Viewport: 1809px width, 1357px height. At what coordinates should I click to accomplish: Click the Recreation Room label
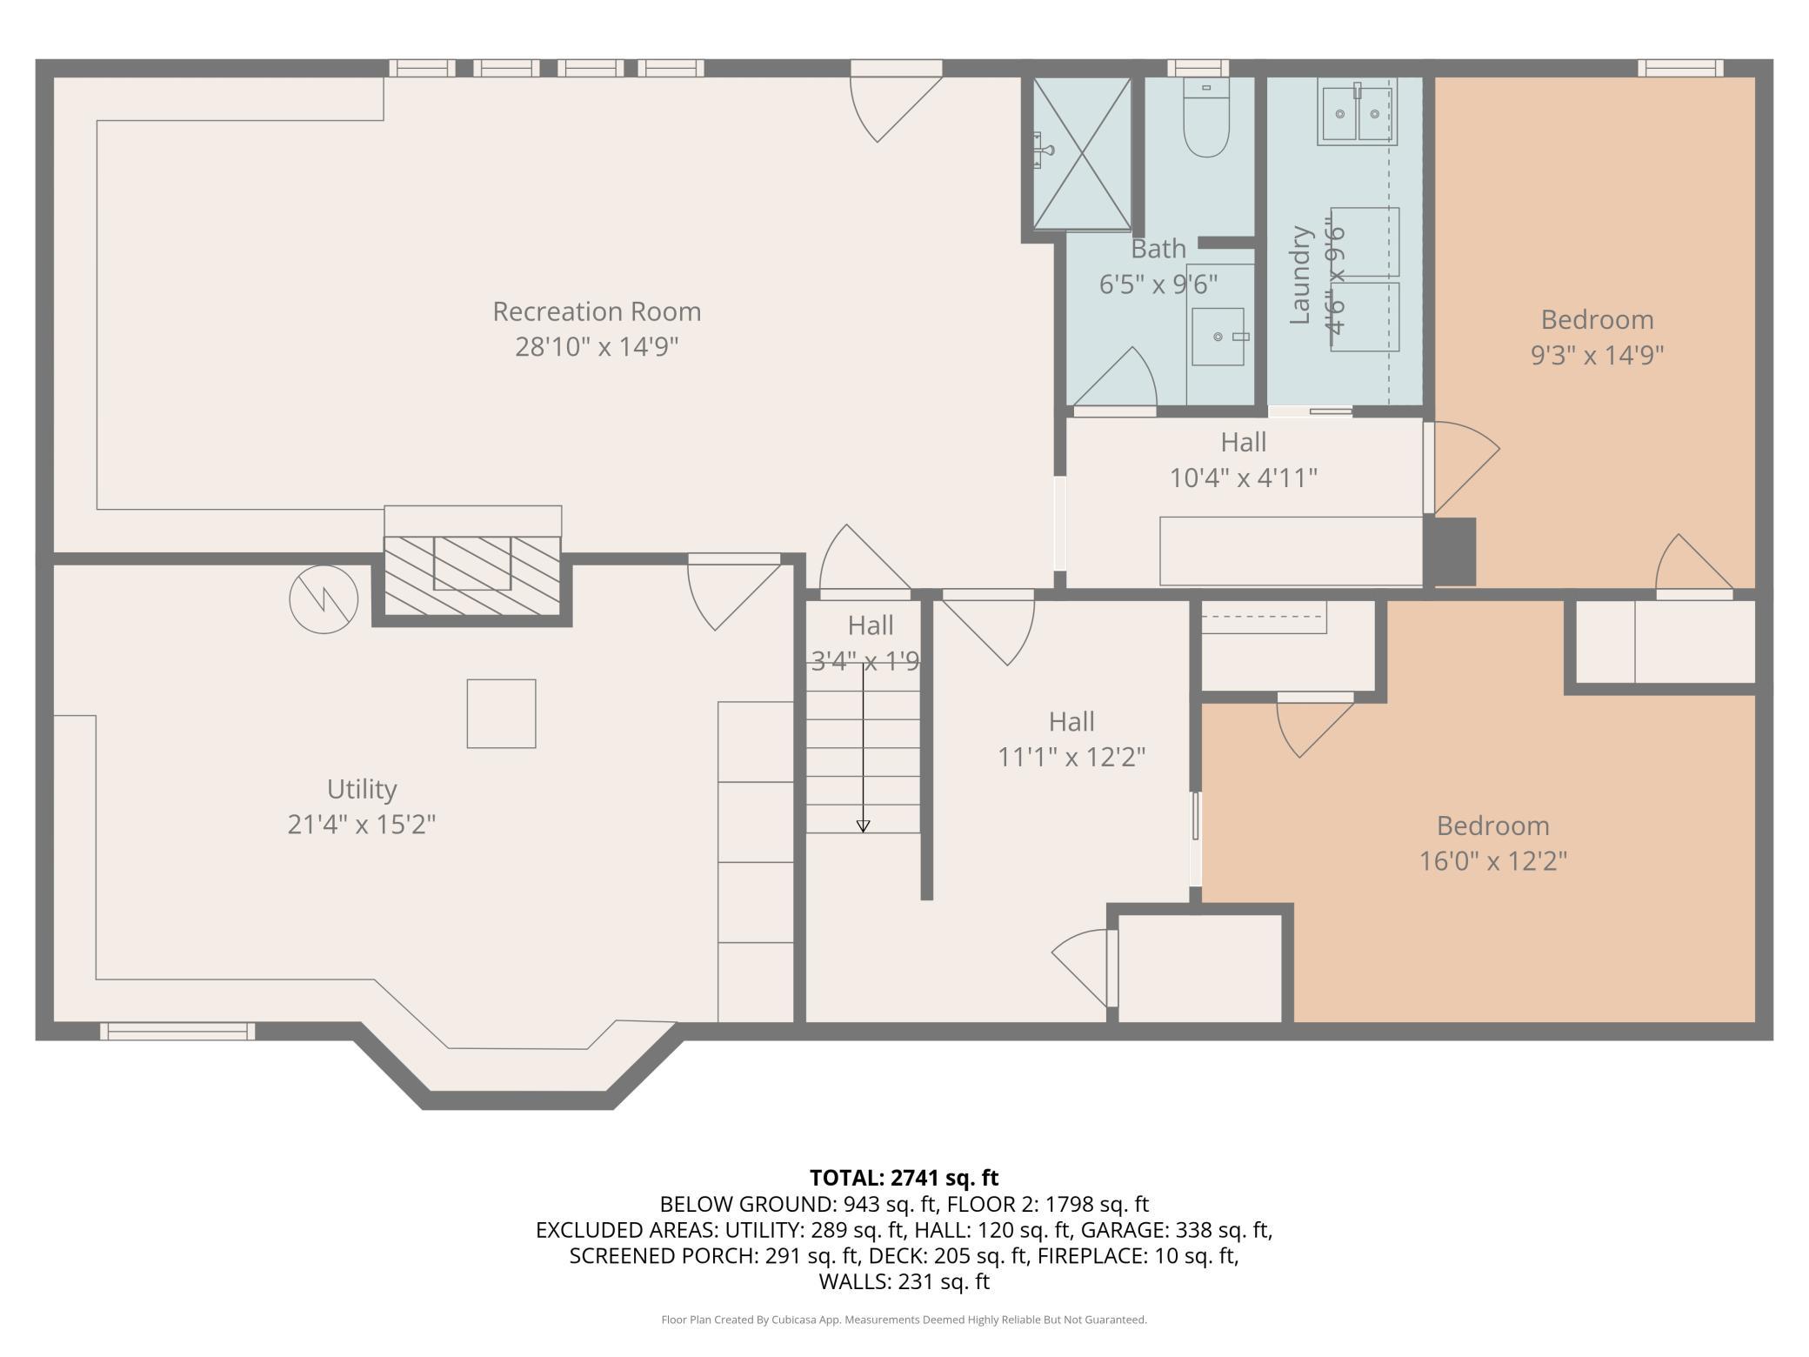597,311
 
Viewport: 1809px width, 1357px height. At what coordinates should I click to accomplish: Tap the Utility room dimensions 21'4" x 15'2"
362,824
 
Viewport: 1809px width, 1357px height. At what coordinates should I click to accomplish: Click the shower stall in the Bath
1082,154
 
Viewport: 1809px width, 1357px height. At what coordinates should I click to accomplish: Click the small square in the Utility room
501,713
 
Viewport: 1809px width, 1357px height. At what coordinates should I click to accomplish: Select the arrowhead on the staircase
863,826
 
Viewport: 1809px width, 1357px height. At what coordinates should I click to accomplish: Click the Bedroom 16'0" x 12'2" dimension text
1493,861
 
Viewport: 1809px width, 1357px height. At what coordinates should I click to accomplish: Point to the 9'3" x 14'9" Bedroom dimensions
1598,355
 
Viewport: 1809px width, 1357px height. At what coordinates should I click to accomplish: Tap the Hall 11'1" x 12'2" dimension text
1071,757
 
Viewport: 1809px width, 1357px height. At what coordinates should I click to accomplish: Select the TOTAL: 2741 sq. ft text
904,1178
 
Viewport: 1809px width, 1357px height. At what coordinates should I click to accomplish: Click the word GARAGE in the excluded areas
1131,1230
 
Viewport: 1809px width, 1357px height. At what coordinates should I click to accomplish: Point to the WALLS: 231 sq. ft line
904,1281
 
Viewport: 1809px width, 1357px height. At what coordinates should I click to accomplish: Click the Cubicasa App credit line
904,1320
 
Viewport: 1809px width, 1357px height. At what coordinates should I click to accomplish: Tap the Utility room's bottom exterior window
177,1032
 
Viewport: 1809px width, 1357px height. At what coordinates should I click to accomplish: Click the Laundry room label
1300,275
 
